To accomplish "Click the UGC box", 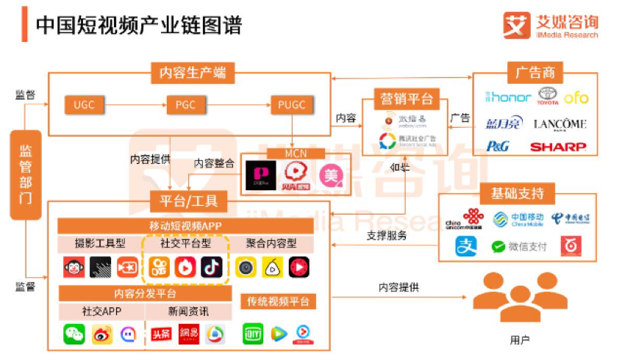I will [x=84, y=105].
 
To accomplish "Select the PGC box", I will [x=185, y=105].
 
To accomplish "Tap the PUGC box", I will [x=291, y=105].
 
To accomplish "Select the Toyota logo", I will [x=547, y=96].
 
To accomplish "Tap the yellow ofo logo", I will [x=576, y=97].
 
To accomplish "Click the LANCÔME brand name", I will [x=560, y=123].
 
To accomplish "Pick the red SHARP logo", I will [x=559, y=146].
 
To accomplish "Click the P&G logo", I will [x=497, y=146].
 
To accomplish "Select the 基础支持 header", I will [x=518, y=193].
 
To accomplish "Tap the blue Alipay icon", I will [x=466, y=246].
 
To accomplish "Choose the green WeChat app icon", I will [x=74, y=334].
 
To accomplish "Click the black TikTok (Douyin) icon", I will [x=212, y=267].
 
